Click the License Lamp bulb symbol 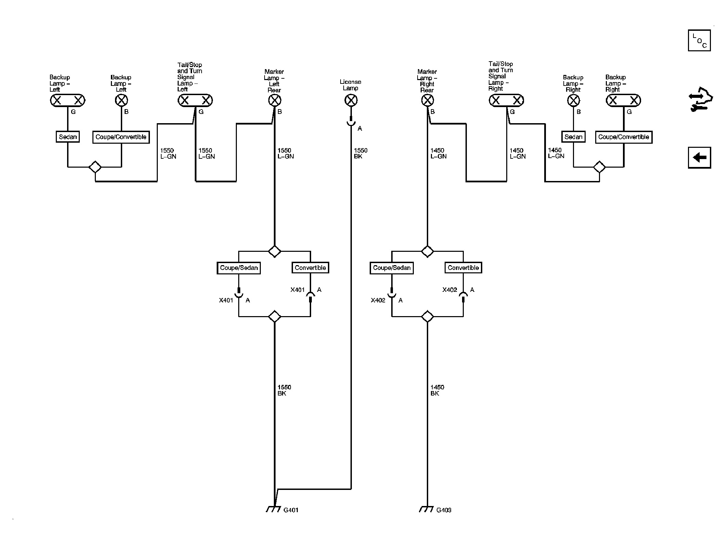350,100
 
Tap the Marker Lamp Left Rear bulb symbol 274,100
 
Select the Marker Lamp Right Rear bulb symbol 427,100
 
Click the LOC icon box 699,40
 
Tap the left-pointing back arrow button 699,157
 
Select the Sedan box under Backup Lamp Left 68,137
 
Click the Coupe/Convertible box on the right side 624,137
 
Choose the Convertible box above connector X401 310,268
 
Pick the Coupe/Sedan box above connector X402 392,268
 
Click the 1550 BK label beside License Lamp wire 360,153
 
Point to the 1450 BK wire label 437,390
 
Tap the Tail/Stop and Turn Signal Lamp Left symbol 195,100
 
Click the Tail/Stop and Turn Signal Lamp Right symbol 506,100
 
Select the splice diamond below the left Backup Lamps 95,167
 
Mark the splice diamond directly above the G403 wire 427,316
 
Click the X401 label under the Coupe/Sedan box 226,300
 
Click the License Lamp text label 350,85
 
